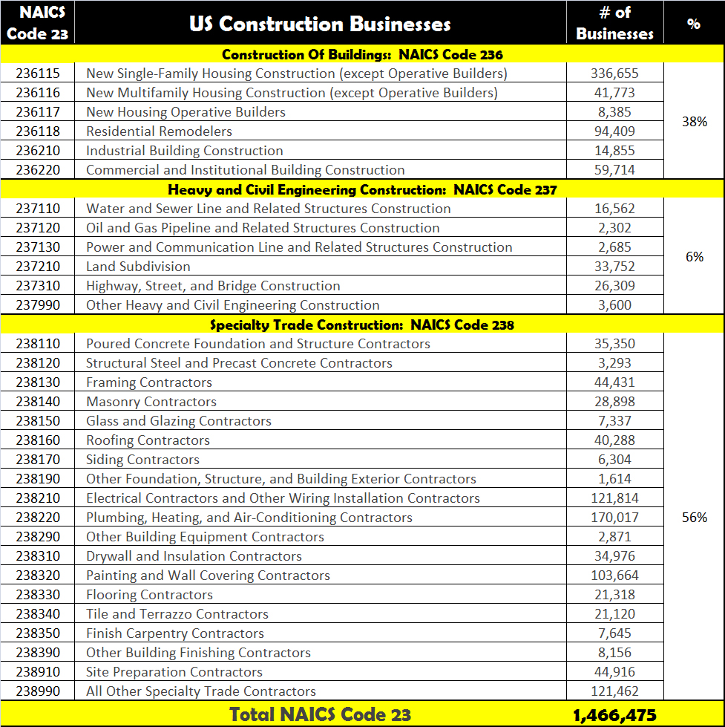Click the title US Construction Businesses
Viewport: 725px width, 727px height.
coord(320,24)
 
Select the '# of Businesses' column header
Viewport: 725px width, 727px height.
coord(614,24)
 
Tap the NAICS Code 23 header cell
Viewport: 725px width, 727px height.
coord(37,24)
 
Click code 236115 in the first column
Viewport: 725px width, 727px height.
coord(37,74)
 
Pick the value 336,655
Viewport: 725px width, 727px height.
coord(614,74)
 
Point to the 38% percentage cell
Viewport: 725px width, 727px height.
coord(694,122)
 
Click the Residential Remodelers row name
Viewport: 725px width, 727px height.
coord(159,131)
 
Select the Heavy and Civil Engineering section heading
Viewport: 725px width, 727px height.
coord(362,189)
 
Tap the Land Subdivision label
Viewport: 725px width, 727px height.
coord(138,267)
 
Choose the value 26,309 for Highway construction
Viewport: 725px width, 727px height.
coord(614,286)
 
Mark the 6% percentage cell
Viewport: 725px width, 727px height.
coord(694,257)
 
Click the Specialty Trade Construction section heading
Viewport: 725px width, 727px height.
coord(362,325)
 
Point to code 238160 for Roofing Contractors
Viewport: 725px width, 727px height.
coord(37,440)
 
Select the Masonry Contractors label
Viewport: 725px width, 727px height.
coord(151,402)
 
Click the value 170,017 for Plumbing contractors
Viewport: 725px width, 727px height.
coord(614,518)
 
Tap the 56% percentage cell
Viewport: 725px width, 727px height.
coord(694,518)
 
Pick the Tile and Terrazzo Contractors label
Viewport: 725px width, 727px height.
coord(177,614)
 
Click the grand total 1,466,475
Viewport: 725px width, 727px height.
coord(614,715)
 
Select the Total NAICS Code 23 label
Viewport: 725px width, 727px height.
coord(320,715)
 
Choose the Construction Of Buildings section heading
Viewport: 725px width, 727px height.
coord(362,54)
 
